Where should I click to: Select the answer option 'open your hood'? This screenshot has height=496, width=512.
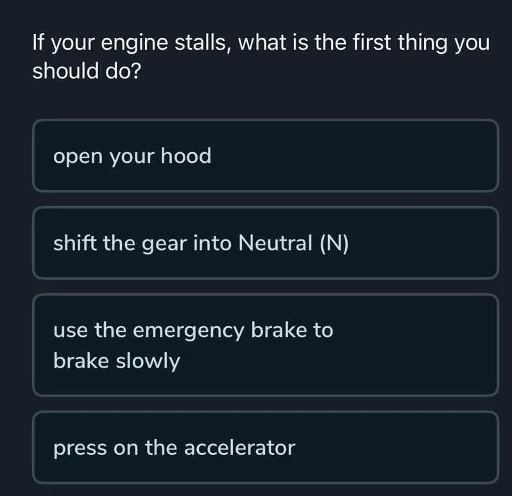pos(265,155)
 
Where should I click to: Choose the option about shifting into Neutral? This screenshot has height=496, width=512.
pos(265,243)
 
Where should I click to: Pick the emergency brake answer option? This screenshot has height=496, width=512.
pos(265,345)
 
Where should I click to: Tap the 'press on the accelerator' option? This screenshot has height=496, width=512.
pos(265,447)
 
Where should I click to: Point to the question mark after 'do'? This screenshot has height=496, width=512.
pos(135,71)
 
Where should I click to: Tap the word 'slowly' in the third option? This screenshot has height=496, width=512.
pos(148,361)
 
